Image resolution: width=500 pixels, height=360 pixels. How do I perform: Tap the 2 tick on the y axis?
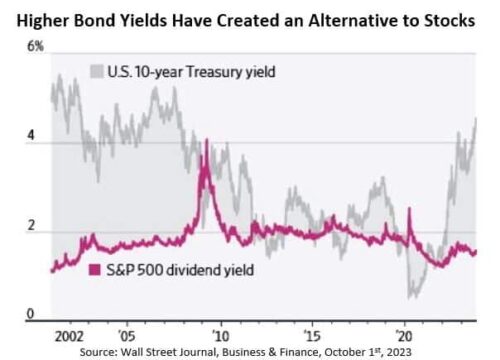(31, 228)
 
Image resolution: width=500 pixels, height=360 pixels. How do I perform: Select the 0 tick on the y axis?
(31, 314)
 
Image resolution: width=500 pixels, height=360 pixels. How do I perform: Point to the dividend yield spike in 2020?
(410, 209)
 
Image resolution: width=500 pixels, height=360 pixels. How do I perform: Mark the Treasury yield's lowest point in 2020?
(411, 296)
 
